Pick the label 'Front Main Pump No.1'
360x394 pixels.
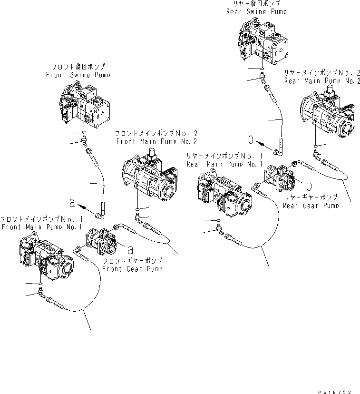tap(41, 227)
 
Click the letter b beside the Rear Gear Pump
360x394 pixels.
tap(308, 184)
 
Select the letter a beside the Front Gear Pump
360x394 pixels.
tap(130, 247)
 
